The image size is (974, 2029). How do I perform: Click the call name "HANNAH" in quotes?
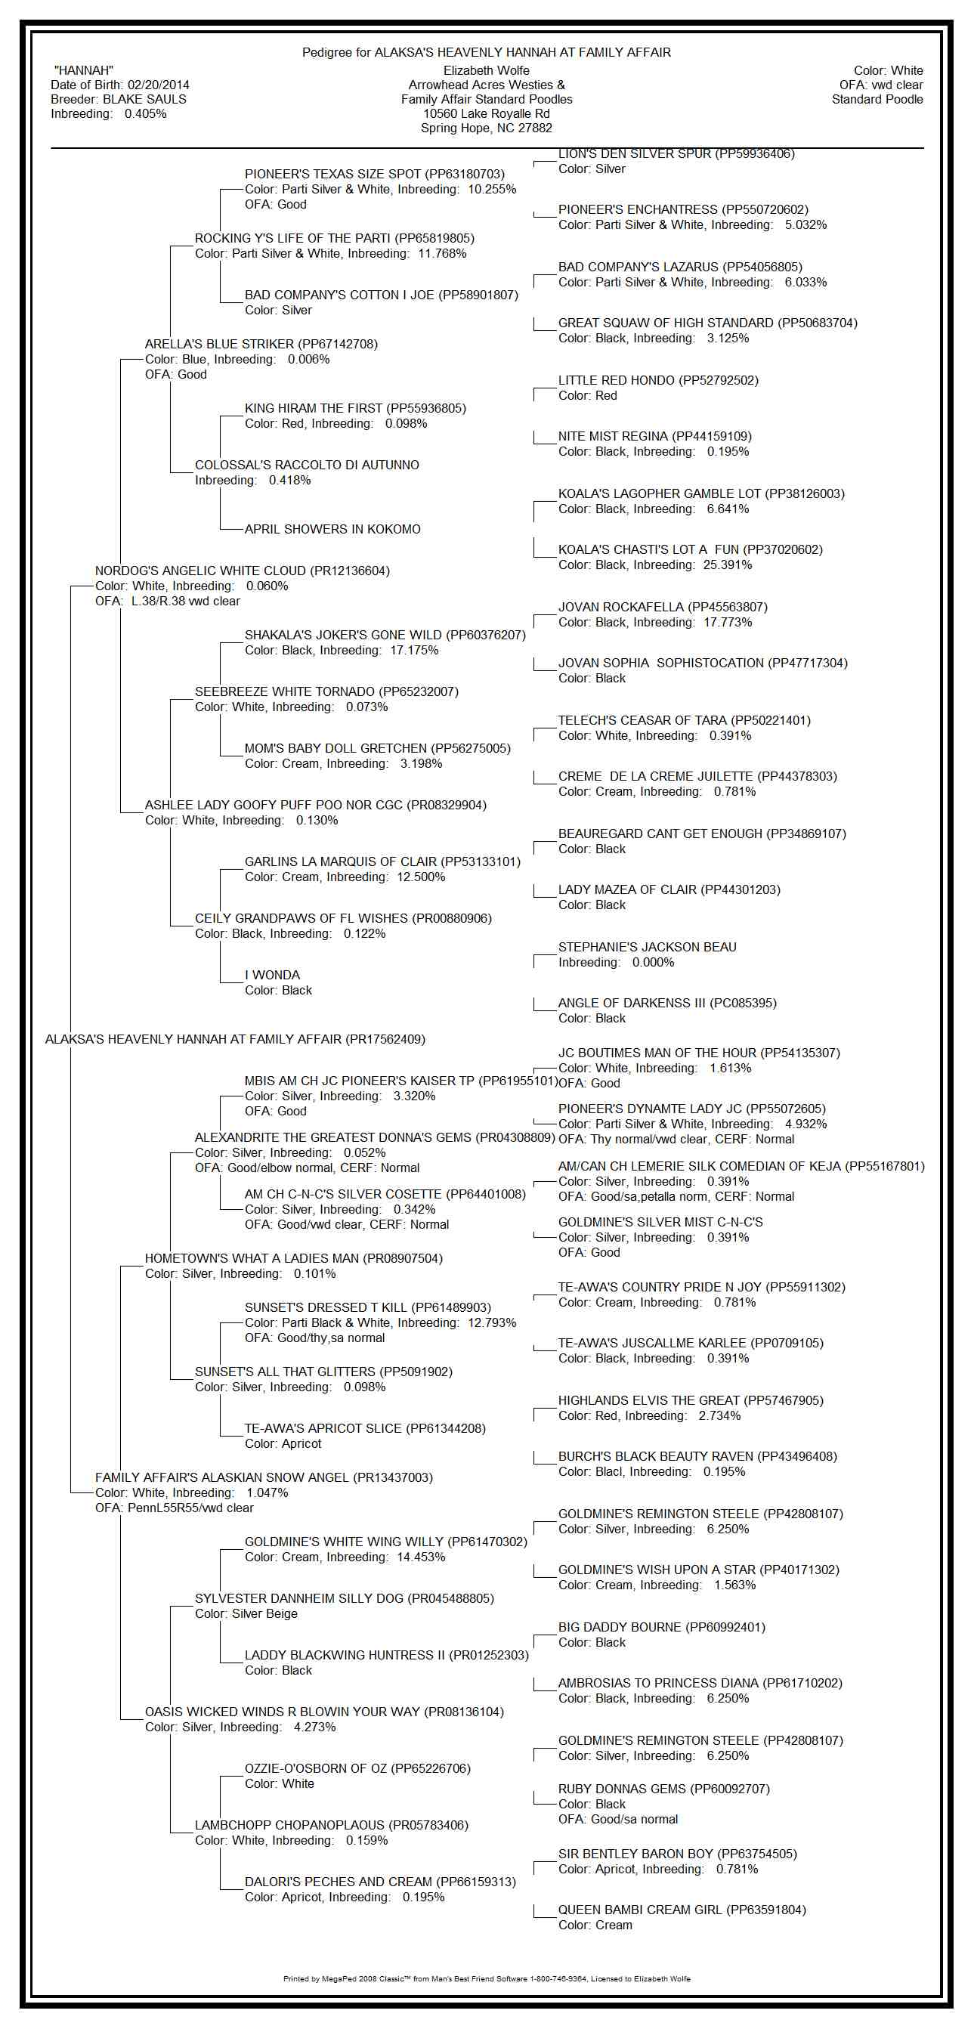(83, 71)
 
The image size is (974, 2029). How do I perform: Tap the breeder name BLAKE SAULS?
(144, 99)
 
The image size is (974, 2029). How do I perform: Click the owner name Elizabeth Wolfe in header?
(486, 71)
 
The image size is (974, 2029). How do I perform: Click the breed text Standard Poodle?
(877, 99)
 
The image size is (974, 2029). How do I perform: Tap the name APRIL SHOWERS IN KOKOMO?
(332, 529)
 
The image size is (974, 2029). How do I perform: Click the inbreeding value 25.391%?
(728, 564)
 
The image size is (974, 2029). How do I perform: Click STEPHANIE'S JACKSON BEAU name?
(647, 947)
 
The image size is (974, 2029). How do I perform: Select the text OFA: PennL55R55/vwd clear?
(174, 1508)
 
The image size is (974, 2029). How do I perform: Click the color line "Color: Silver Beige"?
(246, 1613)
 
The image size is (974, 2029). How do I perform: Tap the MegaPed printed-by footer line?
(486, 1978)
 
